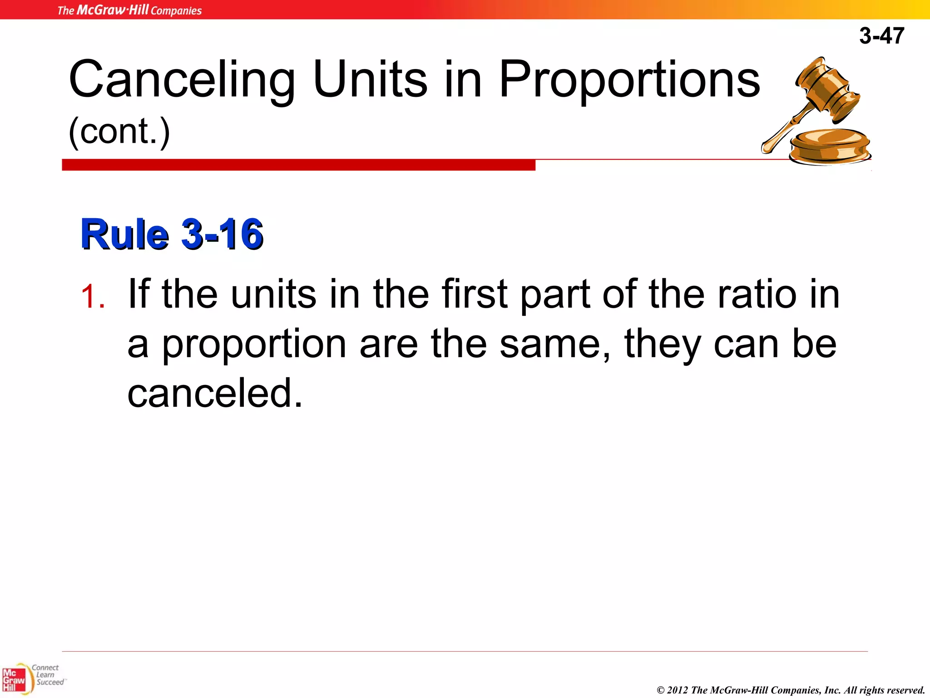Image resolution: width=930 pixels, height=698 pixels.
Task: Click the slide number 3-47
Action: click(x=881, y=35)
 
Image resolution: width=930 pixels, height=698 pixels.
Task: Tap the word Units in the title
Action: click(x=370, y=80)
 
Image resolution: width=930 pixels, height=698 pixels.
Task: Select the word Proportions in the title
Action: click(x=629, y=80)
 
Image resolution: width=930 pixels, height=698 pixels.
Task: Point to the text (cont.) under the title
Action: click(x=119, y=131)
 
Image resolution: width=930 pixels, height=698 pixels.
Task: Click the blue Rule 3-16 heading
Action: click(x=172, y=234)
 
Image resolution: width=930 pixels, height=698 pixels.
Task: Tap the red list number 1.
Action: click(x=93, y=296)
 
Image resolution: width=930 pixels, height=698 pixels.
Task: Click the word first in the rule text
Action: click(x=474, y=294)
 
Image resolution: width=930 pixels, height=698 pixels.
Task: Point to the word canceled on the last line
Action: click(x=214, y=393)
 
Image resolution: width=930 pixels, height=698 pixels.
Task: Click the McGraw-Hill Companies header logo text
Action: click(x=129, y=10)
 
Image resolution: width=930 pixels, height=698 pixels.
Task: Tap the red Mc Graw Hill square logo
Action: click(x=14, y=680)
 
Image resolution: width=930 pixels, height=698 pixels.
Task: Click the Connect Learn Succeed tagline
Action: click(x=48, y=675)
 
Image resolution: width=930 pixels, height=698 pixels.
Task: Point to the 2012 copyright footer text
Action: click(x=791, y=690)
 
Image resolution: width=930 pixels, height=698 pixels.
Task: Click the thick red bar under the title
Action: click(x=298, y=165)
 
